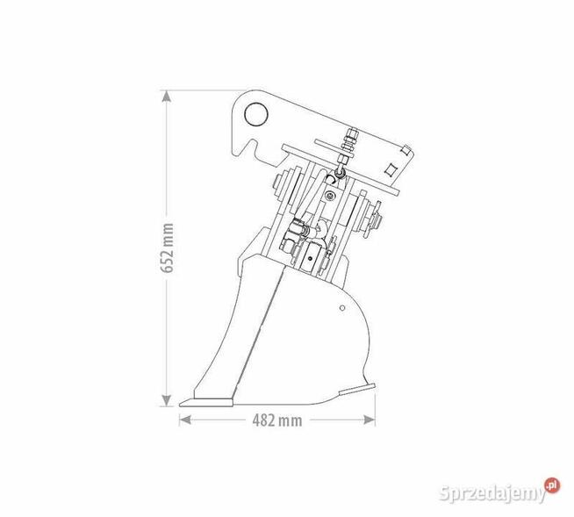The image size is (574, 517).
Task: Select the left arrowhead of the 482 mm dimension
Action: point(183,420)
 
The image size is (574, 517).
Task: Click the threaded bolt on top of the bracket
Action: point(350,141)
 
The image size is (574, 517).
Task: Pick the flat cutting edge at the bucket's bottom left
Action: point(207,403)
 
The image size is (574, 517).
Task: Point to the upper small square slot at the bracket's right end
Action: point(405,150)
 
